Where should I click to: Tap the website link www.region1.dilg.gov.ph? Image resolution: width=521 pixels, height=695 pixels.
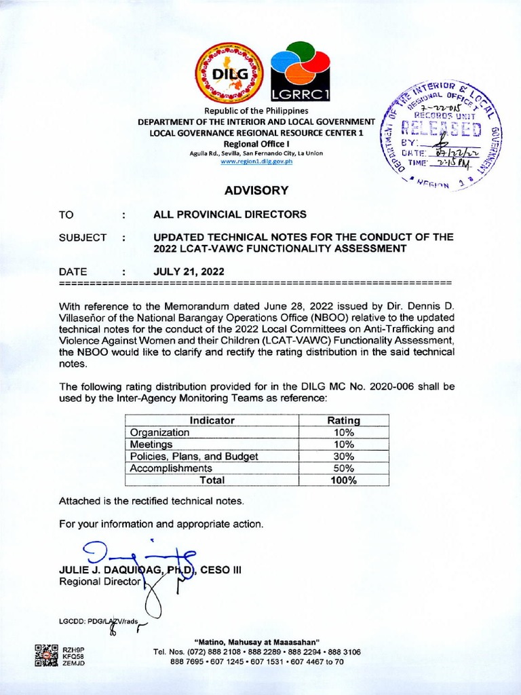[256, 162]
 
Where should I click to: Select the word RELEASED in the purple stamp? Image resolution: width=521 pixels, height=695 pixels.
[442, 129]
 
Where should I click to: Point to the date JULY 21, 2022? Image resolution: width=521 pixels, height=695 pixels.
[189, 271]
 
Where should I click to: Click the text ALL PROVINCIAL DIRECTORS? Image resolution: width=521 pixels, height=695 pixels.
[230, 214]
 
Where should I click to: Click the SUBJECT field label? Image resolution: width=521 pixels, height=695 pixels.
[83, 238]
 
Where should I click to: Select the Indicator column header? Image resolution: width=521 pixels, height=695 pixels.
[212, 420]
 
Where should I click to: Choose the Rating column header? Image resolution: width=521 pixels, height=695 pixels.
[344, 420]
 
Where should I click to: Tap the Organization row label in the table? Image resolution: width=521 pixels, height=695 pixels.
[160, 432]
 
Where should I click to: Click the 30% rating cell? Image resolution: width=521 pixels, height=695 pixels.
[344, 456]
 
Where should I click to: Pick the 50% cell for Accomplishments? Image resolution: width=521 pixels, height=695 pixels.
[344, 468]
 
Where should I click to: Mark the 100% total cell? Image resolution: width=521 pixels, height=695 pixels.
[344, 481]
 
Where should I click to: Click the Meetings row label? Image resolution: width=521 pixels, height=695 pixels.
[152, 444]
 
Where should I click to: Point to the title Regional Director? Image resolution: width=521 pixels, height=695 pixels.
[100, 582]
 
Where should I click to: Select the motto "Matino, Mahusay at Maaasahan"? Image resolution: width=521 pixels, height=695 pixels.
[256, 642]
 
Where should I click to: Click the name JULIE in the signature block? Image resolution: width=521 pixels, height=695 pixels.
[75, 570]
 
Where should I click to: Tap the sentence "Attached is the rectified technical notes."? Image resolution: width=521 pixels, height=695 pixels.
[151, 502]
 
